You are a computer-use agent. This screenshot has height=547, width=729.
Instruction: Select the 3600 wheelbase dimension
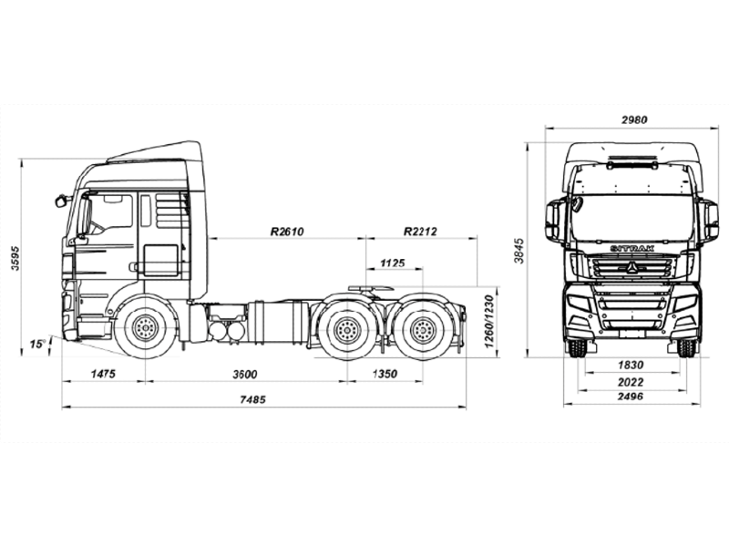pos(244,374)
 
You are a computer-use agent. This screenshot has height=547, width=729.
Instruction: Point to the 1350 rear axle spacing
pos(385,374)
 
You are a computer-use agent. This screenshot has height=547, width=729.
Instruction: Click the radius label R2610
pos(286,232)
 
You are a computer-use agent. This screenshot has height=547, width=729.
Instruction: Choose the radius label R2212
pos(420,232)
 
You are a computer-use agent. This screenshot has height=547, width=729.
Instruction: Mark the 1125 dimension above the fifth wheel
pos(392,263)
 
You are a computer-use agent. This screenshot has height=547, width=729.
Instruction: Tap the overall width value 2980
pos(634,120)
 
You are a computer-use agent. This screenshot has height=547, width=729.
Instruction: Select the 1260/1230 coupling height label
pos(489,322)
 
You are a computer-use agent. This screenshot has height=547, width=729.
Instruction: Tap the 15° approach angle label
pos(36,345)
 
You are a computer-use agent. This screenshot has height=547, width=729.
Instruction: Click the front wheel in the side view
pos(144,329)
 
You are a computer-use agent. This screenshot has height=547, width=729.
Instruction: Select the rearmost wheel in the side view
pos(420,330)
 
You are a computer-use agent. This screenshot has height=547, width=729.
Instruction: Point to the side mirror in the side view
pos(63,198)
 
